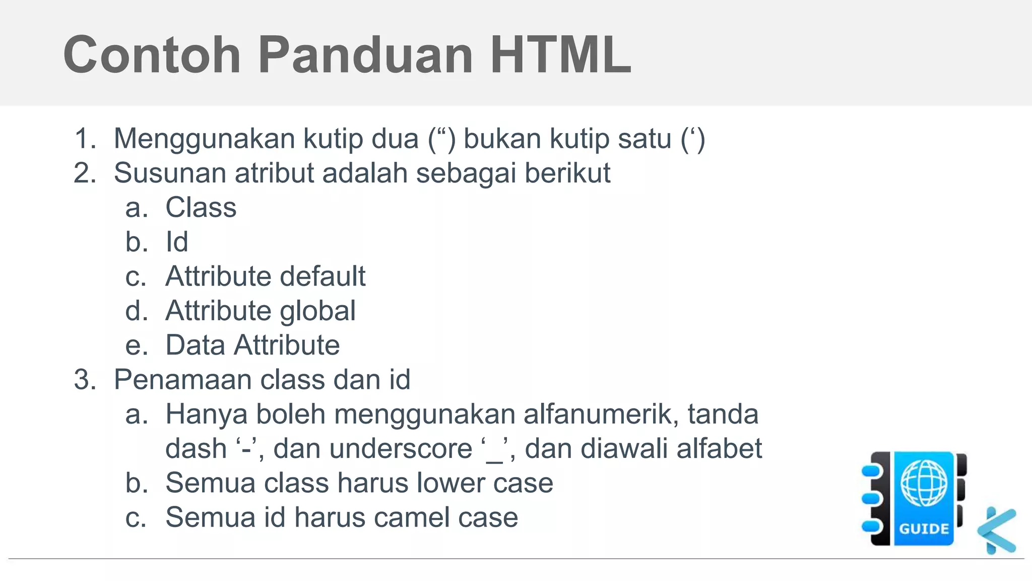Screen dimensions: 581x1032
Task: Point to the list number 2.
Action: click(85, 173)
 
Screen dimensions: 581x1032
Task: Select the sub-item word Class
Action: click(201, 208)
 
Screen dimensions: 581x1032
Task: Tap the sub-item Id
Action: click(177, 242)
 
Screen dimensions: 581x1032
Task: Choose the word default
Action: click(322, 276)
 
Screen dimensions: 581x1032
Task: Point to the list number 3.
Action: click(85, 380)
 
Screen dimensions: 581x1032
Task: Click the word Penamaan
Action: click(182, 380)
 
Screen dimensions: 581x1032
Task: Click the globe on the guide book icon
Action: click(924, 483)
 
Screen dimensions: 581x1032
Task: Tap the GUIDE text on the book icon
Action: click(924, 529)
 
